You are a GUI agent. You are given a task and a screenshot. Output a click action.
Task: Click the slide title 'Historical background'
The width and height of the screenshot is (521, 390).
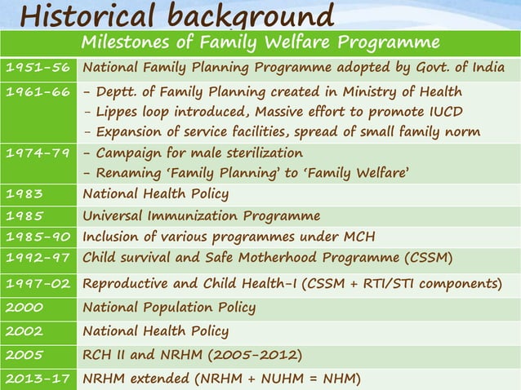176,15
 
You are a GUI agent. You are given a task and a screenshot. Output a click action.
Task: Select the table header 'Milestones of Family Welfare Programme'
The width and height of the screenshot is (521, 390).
260,42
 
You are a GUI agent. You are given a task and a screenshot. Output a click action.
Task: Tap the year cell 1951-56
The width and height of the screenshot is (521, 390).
38,68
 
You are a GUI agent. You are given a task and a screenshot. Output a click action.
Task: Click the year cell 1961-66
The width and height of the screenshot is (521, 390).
38,91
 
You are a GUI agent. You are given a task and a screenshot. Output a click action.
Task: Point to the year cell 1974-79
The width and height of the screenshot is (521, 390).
38,153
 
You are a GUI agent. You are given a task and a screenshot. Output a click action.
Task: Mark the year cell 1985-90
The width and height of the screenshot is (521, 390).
38,237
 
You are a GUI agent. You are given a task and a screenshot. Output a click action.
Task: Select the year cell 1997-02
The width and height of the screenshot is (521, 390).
38,284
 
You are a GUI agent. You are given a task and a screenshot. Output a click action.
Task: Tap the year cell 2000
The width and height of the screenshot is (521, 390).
24,308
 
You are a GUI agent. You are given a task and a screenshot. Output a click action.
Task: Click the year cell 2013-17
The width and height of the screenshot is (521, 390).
38,379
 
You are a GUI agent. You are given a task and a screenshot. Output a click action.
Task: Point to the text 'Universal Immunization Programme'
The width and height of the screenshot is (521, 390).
201,216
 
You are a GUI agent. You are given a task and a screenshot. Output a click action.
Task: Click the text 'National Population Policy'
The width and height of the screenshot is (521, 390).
169,308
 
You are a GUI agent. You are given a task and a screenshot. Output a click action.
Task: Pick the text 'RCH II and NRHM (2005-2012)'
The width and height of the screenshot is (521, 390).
193,355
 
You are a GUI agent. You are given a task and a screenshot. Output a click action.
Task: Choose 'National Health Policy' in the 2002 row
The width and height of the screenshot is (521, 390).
155,331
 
